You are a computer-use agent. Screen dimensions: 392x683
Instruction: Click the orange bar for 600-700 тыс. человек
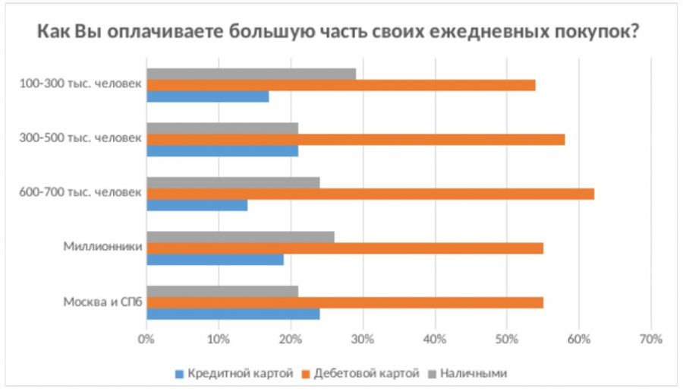pos(370,194)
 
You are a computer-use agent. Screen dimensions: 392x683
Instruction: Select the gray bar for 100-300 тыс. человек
pos(250,74)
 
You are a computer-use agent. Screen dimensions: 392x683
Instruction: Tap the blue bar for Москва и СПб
pos(232,314)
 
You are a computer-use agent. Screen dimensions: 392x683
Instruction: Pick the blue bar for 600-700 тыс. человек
pos(197,204)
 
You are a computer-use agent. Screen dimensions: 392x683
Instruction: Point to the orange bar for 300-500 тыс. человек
pos(355,139)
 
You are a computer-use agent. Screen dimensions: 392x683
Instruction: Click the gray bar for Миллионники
pos(240,237)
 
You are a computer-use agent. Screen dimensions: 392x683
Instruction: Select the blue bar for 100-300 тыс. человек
pos(207,96)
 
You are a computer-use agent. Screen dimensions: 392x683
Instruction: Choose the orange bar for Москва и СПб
pos(345,303)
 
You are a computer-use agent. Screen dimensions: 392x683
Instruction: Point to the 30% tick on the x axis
pos(363,339)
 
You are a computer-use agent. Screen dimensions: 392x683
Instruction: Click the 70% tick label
pos(651,339)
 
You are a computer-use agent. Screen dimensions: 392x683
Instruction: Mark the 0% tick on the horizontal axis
pos(146,339)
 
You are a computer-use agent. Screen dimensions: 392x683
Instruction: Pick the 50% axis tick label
pos(507,339)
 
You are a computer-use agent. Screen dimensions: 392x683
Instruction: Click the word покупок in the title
pos(591,33)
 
